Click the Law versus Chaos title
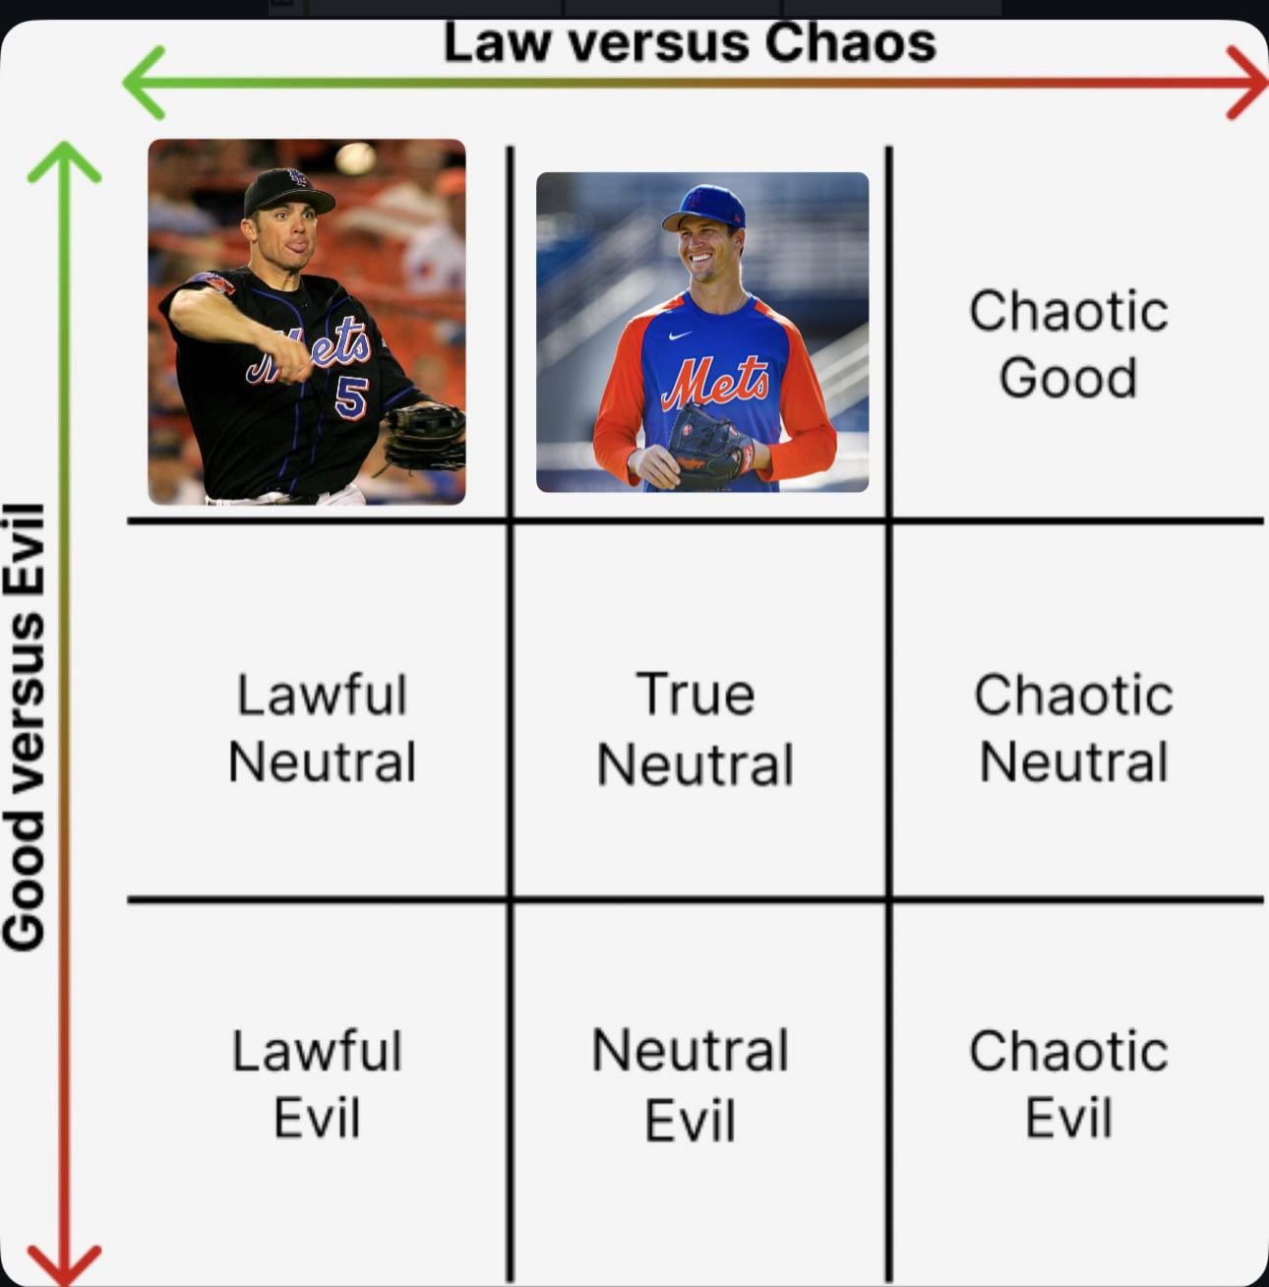[689, 44]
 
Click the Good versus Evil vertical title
[25, 726]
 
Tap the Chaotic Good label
[1068, 344]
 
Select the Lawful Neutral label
[322, 728]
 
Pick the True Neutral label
[695, 729]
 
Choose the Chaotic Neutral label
[1073, 728]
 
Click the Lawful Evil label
[317, 1084]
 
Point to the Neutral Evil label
[690, 1085]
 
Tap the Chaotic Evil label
[1068, 1084]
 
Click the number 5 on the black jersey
[350, 397]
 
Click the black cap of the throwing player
[287, 190]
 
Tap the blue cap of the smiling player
[704, 207]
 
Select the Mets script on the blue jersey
[715, 382]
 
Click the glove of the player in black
[425, 436]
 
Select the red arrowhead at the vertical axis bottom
[64, 1264]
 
